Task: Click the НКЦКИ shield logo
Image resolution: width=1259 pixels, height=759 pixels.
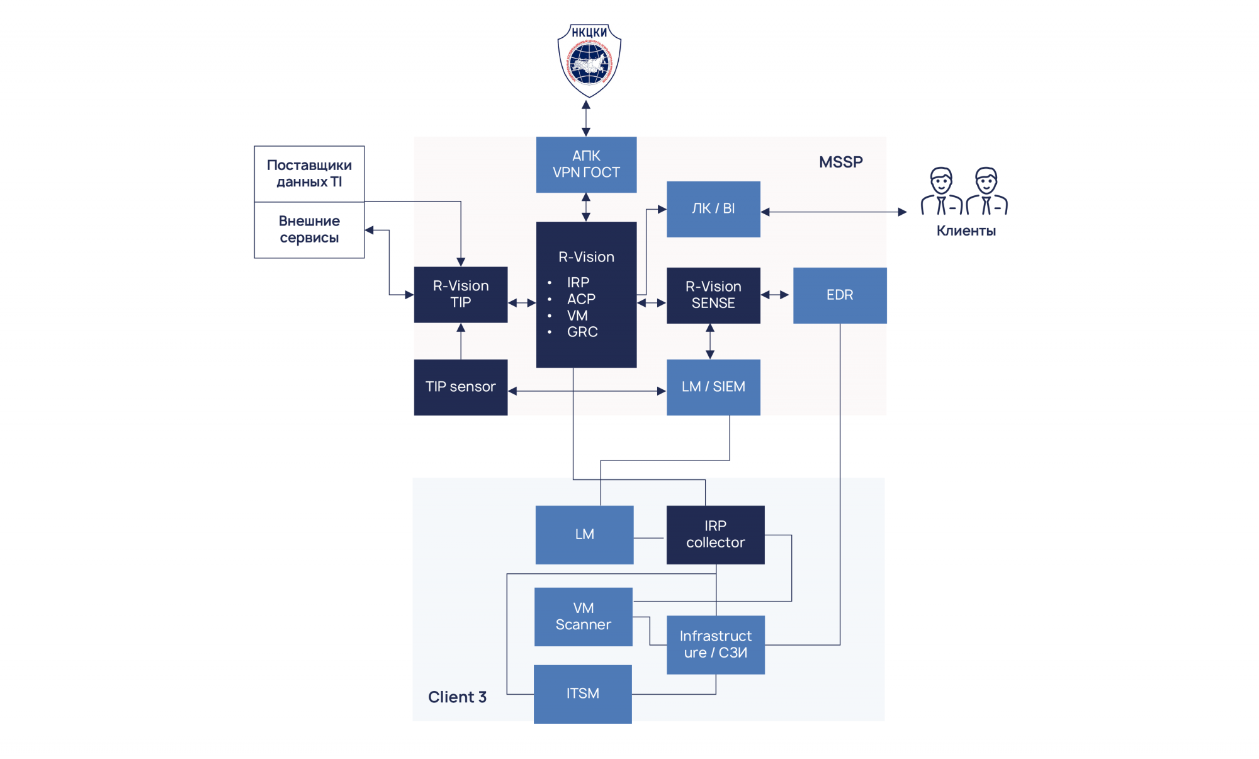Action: coord(589,60)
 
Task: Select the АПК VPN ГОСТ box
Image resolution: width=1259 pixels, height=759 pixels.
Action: coord(586,164)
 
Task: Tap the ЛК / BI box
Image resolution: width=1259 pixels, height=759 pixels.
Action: coord(713,209)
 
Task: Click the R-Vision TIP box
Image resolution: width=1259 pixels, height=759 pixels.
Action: coord(461,294)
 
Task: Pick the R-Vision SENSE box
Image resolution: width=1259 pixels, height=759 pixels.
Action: coord(713,295)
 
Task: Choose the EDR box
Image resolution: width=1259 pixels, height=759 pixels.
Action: coord(840,295)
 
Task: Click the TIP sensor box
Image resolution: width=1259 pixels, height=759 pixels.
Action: coord(461,387)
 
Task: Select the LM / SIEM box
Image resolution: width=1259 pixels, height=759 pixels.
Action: coord(713,387)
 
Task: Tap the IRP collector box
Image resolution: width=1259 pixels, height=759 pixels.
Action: coord(715,534)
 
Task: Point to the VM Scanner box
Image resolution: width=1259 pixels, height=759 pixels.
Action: coord(583,617)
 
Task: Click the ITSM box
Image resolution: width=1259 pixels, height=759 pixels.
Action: coord(582,693)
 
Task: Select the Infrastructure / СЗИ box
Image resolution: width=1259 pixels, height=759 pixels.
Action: coord(715,644)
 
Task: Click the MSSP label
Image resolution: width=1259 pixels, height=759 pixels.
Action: coord(840,162)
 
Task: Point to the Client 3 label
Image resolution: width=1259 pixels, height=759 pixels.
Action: coord(457,697)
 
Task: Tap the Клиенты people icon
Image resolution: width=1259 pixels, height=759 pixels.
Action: coord(964,191)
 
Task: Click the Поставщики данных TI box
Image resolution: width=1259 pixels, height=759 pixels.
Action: coord(309,174)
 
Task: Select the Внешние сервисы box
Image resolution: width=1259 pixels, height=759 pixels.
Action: coord(309,230)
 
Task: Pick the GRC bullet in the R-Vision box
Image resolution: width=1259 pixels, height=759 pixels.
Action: coord(582,332)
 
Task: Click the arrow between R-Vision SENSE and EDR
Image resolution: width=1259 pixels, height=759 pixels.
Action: coord(776,295)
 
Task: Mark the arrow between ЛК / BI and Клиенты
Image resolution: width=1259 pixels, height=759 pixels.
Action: coord(833,212)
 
